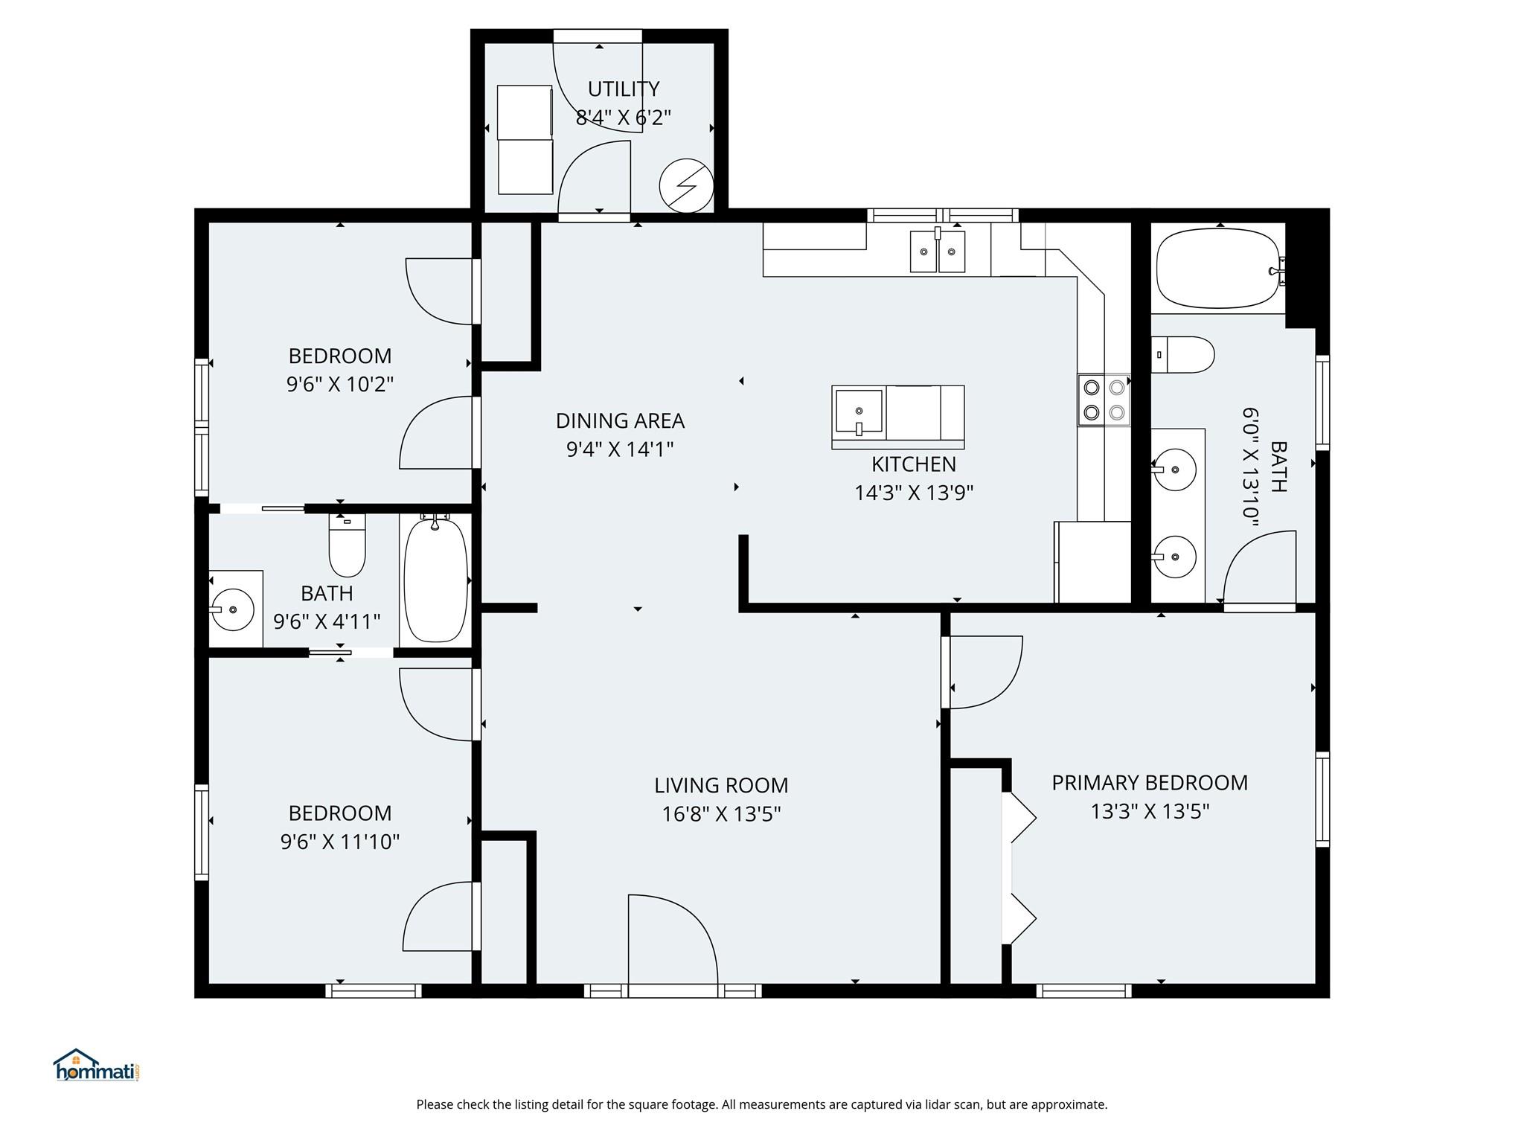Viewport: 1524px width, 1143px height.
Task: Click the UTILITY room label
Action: (x=624, y=89)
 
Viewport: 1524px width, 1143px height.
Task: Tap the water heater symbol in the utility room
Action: (x=687, y=185)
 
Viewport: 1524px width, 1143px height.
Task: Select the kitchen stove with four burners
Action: (x=1104, y=400)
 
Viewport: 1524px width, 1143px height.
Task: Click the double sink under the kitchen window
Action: (x=938, y=251)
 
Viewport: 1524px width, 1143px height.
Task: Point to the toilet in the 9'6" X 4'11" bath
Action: (x=348, y=545)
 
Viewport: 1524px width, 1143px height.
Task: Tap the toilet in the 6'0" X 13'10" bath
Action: (x=1183, y=354)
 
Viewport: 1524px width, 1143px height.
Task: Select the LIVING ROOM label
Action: (x=721, y=786)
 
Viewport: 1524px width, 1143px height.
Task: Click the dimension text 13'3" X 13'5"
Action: (x=1150, y=811)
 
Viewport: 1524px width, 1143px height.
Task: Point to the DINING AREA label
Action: (x=620, y=421)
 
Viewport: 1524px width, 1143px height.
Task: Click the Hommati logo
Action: (x=97, y=1065)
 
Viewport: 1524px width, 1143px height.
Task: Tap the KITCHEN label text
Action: (x=914, y=464)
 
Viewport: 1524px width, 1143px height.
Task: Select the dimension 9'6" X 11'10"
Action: (x=340, y=842)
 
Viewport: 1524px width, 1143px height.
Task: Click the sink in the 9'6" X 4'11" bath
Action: (x=233, y=609)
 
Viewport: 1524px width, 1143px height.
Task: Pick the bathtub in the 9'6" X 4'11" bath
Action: (x=435, y=580)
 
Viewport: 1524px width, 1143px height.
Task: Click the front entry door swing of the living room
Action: (x=673, y=939)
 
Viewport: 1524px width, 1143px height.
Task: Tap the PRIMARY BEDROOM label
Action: (x=1150, y=783)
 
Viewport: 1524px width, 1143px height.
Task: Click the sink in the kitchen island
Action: (x=859, y=411)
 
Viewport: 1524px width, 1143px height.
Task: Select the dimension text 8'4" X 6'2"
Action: (x=624, y=118)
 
